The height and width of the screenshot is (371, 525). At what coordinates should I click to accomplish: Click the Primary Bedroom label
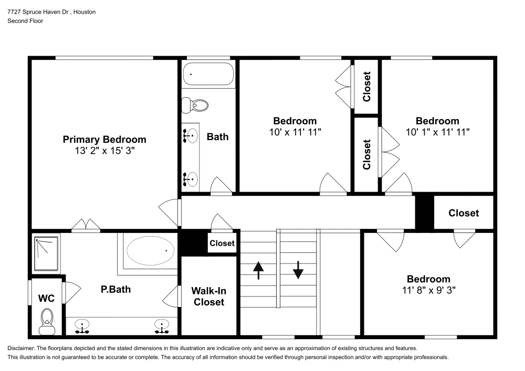tap(104, 140)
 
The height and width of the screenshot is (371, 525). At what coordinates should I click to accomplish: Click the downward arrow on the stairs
tap(298, 270)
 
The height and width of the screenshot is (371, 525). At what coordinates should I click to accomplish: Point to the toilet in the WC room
tap(47, 319)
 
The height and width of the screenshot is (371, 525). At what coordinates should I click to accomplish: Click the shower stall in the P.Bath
tap(46, 253)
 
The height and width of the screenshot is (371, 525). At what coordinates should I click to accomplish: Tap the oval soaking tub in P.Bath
tap(151, 251)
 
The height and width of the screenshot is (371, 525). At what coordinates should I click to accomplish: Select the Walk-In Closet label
tap(208, 296)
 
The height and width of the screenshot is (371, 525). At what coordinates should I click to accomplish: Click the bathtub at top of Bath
tap(208, 74)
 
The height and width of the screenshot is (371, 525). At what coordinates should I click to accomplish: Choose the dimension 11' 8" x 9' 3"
tap(428, 290)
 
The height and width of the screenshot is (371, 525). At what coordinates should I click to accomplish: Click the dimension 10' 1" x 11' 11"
tap(437, 132)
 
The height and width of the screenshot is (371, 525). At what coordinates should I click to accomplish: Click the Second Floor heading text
tap(25, 20)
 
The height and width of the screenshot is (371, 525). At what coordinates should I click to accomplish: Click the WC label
tap(46, 298)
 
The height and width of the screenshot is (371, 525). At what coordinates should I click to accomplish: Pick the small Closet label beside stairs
tap(222, 243)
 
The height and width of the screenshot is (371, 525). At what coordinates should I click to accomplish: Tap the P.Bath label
tap(115, 289)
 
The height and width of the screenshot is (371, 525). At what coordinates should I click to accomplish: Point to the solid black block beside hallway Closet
tap(424, 212)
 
